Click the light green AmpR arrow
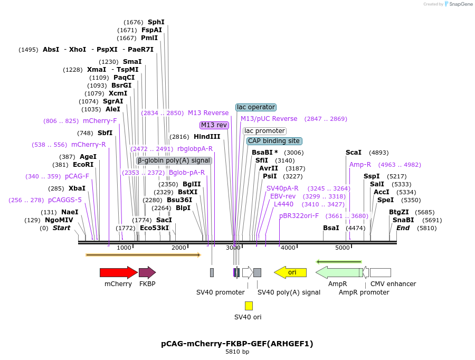pos(338,272)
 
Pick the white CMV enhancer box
pos(380,272)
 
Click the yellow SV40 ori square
pos(249,306)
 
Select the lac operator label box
pos(256,107)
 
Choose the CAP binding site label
pos(274,141)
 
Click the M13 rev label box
pos(214,125)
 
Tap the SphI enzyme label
pos(156,22)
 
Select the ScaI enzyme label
pos(354,152)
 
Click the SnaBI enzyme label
pos(403,220)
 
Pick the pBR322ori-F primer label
pos(299,216)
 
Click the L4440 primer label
pos(283,204)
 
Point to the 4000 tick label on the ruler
pos(288,248)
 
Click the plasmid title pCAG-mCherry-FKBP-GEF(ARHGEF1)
pos(237,344)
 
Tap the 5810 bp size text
pos(237,352)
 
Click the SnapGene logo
pos(457,4)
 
